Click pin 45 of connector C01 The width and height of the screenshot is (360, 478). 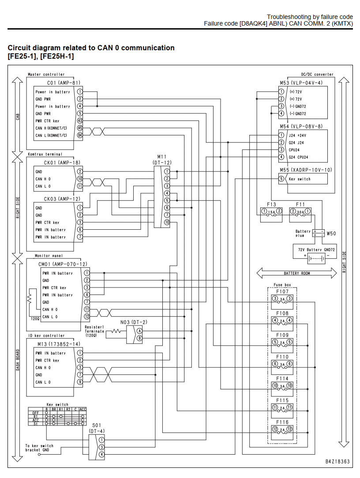79,128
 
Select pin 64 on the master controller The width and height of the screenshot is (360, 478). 79,135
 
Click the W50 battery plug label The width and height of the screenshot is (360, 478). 331,234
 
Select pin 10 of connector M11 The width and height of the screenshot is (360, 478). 167,222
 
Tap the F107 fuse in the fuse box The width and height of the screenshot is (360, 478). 282,299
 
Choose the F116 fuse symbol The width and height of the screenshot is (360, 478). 282,429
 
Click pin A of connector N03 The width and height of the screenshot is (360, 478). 139,331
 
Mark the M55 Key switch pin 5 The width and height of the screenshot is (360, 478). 281,179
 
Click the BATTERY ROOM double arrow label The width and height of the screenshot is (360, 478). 297,273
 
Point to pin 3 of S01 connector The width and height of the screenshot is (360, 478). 101,447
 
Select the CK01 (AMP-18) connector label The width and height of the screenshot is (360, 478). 62,162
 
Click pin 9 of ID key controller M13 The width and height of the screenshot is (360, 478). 79,382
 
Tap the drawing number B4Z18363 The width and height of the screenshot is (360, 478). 337,462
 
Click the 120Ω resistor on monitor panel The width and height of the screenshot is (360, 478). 30,299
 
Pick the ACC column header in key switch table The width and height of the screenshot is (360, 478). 82,409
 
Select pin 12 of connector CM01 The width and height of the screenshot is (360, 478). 87,317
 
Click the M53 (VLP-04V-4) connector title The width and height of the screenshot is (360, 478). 301,82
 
